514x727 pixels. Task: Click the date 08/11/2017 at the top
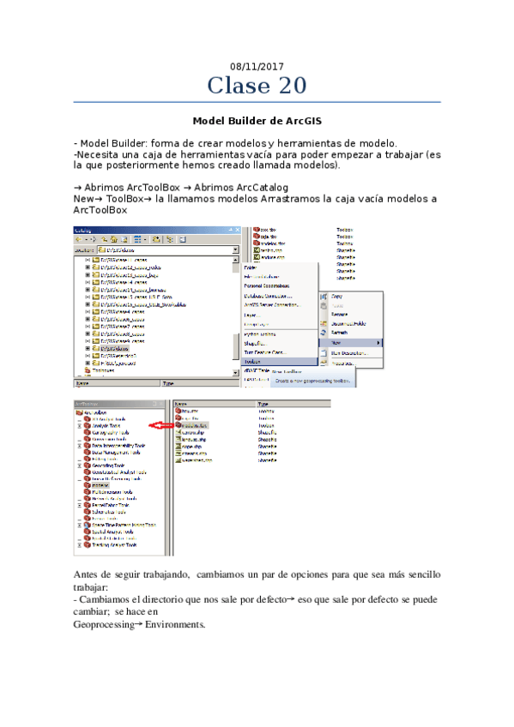coord(257,66)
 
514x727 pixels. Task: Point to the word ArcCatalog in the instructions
coord(257,187)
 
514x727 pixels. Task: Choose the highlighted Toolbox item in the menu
coord(257,362)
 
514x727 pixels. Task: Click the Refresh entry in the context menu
coord(339,333)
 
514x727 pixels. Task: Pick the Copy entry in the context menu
coord(336,296)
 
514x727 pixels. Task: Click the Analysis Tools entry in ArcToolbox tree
coord(107,425)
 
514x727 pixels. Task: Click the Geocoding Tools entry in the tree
coord(108,466)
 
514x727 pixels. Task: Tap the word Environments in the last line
coord(175,625)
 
